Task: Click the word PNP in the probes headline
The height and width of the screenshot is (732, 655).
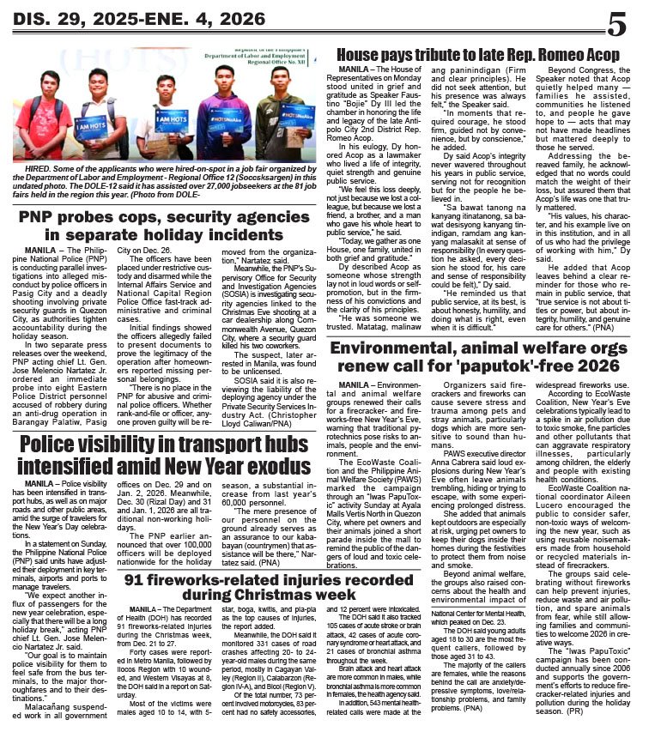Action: (x=38, y=216)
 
